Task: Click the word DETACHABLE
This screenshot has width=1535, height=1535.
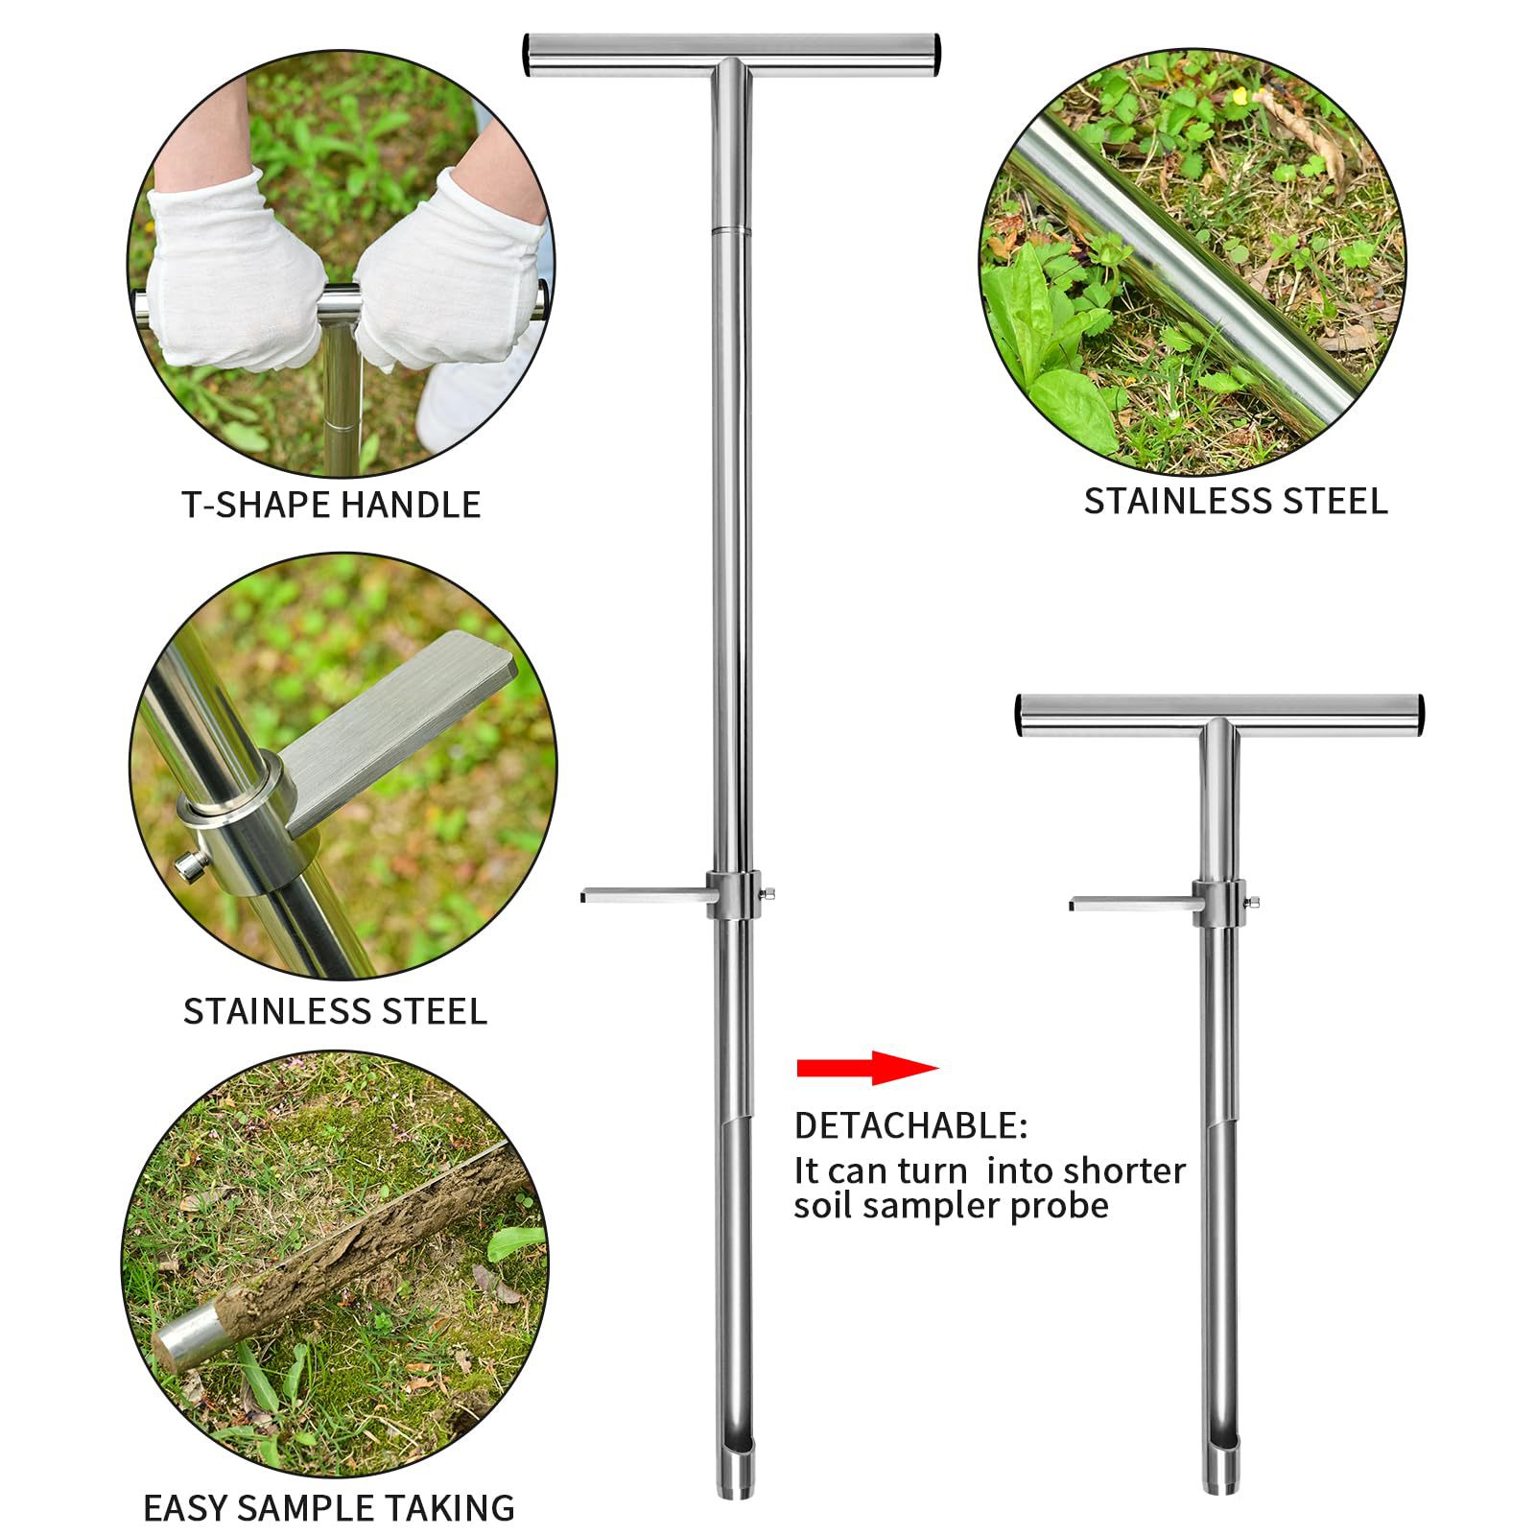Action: pyautogui.click(x=909, y=1125)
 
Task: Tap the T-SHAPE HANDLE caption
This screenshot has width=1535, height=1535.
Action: pyautogui.click(x=331, y=505)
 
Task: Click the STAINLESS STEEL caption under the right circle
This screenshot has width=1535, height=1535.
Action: pyautogui.click(x=1235, y=502)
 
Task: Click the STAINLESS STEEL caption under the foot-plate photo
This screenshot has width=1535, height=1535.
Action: pyautogui.click(x=335, y=1011)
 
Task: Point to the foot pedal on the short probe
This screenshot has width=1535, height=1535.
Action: pyautogui.click(x=1132, y=904)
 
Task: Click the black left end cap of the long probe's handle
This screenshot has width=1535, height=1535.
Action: pyautogui.click(x=528, y=56)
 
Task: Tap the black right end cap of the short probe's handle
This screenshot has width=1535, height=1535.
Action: pyautogui.click(x=1419, y=716)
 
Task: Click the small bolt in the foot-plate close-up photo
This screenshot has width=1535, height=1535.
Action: pyautogui.click(x=190, y=865)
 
